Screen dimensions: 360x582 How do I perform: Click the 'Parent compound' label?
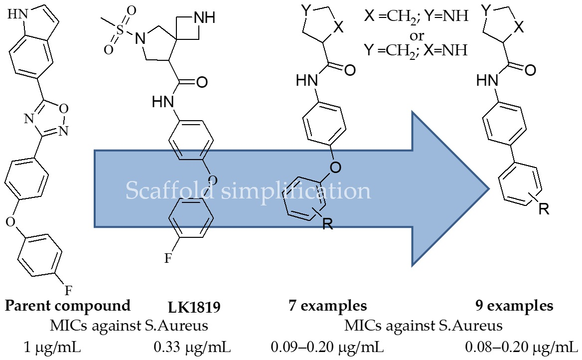click(67, 305)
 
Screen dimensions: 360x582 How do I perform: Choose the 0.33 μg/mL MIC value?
click(192, 346)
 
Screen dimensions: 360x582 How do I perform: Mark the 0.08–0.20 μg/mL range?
click(521, 346)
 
